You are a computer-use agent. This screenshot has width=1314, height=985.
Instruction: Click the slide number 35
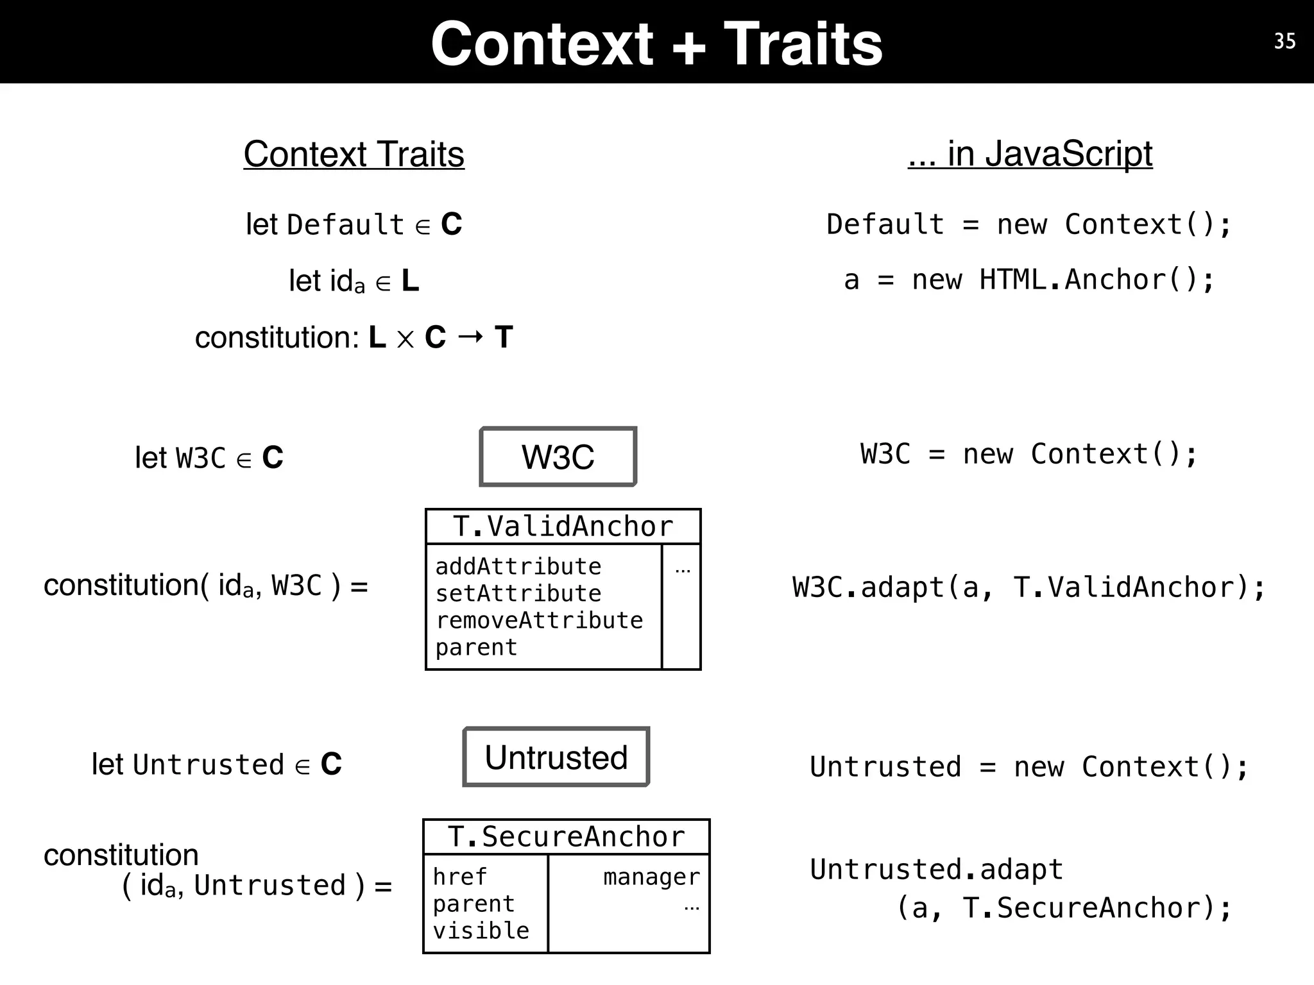click(1284, 41)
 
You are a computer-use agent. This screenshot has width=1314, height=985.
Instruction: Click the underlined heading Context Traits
click(354, 155)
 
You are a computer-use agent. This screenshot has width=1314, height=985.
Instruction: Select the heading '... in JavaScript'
click(1030, 154)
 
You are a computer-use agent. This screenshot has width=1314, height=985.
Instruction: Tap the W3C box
click(558, 457)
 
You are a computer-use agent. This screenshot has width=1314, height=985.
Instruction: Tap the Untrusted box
click(556, 757)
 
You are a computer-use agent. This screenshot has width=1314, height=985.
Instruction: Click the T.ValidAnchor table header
click(563, 526)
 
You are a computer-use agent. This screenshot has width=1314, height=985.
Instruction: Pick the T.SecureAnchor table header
click(566, 837)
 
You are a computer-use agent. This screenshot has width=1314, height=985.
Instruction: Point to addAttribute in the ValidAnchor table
click(518, 567)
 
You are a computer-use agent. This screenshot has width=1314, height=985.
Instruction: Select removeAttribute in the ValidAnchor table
click(539, 621)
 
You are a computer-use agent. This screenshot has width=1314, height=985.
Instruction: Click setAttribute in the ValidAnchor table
click(518, 594)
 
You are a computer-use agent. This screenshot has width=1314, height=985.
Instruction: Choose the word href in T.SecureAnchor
click(459, 877)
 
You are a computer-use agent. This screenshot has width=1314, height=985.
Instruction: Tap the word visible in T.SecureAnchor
click(481, 930)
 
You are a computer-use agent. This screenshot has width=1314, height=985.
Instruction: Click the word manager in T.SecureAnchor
click(651, 877)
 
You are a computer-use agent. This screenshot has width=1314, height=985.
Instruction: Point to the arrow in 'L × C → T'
click(470, 337)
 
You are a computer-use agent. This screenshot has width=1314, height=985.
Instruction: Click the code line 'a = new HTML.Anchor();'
click(1029, 280)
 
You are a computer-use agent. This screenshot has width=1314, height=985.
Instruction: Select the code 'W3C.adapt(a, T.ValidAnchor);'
click(1029, 587)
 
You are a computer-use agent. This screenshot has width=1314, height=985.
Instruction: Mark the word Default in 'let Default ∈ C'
click(345, 225)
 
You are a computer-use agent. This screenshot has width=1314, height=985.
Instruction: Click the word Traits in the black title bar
click(803, 44)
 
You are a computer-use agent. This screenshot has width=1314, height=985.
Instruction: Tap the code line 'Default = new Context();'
click(1029, 225)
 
